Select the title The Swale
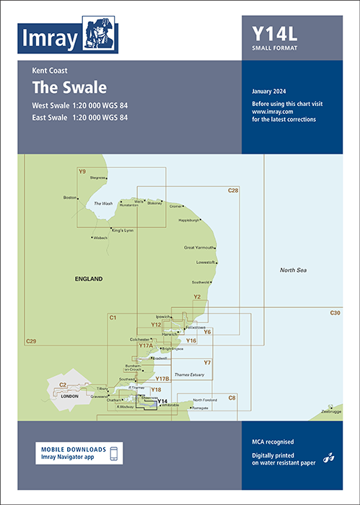point(69,88)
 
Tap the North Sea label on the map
point(294,270)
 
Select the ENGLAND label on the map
point(89,278)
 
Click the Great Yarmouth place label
point(200,247)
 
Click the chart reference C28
point(232,190)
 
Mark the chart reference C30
point(335,312)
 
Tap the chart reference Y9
point(82,172)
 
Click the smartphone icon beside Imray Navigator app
point(113,453)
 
